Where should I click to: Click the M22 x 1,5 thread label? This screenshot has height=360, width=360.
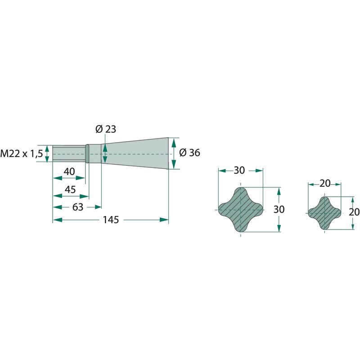click(22, 153)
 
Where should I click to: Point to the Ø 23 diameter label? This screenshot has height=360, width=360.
click(106, 129)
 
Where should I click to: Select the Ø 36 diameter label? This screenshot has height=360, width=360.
click(189, 153)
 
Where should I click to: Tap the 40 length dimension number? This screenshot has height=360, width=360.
click(69, 171)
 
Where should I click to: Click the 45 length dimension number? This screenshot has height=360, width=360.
click(70, 189)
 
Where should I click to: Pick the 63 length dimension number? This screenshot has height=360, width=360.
click(77, 207)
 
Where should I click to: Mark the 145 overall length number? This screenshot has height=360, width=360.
click(111, 220)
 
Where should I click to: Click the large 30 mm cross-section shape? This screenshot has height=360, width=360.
click(240, 210)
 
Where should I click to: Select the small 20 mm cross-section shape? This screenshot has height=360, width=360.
click(324, 213)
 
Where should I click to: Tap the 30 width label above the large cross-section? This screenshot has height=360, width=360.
click(239, 171)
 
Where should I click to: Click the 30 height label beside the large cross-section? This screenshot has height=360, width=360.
click(279, 209)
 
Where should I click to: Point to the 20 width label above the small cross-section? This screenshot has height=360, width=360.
click(325, 184)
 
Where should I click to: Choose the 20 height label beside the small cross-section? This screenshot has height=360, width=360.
click(354, 212)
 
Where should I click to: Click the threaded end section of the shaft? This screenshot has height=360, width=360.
click(69, 153)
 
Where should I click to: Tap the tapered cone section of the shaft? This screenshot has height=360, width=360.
click(135, 153)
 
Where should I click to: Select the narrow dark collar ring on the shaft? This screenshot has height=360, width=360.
click(87, 153)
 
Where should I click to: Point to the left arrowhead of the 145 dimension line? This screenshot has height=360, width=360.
click(58, 220)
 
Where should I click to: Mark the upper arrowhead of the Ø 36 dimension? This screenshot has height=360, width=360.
click(174, 143)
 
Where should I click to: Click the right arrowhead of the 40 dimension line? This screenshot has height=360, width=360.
click(81, 178)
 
